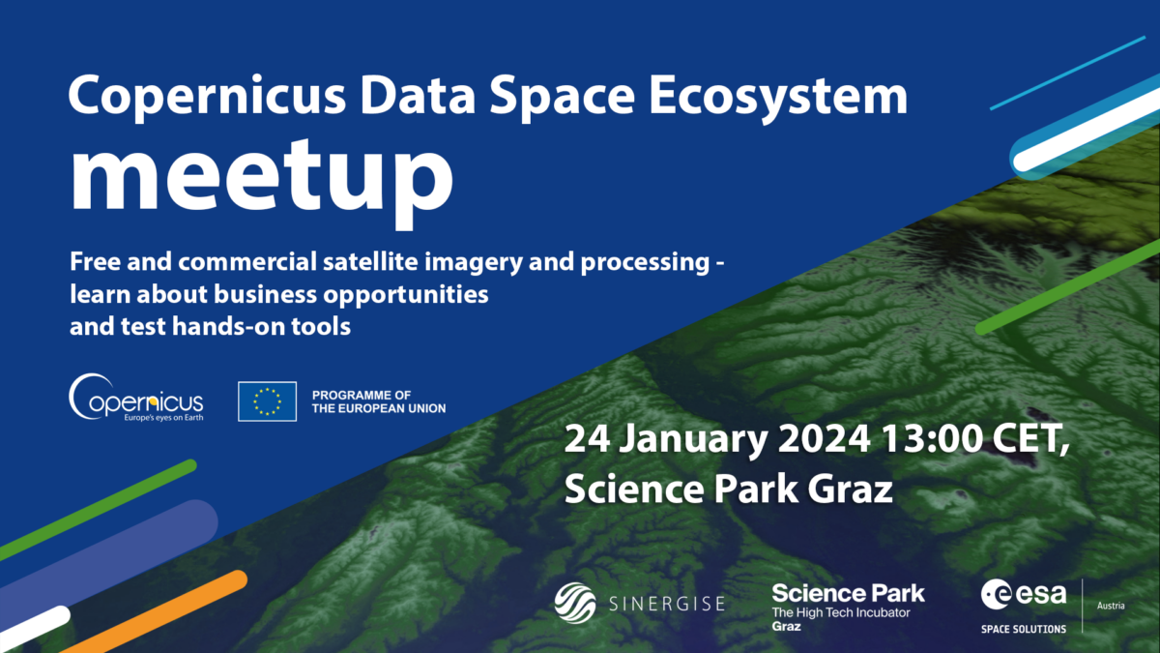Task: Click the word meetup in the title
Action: [x=262, y=182]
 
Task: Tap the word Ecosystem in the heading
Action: [x=778, y=98]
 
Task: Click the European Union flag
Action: [x=267, y=401]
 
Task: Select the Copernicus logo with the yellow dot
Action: [x=136, y=398]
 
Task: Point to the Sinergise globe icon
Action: [x=575, y=603]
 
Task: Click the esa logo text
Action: [x=1024, y=594]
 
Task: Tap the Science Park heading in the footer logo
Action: [x=849, y=593]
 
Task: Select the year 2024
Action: [x=825, y=439]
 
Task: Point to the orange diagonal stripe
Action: [x=156, y=611]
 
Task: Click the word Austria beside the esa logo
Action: [x=1111, y=606]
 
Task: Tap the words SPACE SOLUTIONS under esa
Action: [x=1024, y=629]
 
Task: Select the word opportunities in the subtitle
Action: [x=406, y=295]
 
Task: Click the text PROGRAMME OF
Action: [x=362, y=395]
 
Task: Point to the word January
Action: [x=694, y=440]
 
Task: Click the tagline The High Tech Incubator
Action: [x=841, y=612]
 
